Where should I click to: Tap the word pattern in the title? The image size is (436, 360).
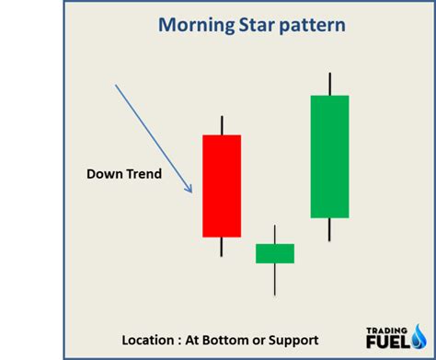[x=295, y=25]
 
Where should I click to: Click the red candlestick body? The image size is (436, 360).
[x=222, y=186]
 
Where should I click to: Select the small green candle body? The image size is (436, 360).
[x=275, y=253]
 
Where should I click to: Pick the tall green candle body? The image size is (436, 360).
[x=329, y=157]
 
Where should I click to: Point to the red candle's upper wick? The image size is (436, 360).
[x=222, y=125]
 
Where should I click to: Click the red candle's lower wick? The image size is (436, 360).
[x=222, y=247]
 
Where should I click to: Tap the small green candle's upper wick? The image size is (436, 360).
[x=275, y=234]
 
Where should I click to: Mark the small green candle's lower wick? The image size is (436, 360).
[x=275, y=279]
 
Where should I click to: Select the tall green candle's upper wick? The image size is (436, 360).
[x=329, y=83]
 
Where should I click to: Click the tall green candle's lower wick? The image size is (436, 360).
[x=329, y=229]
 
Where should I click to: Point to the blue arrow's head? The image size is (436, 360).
[x=189, y=190]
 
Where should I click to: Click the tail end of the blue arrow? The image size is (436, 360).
[x=117, y=87]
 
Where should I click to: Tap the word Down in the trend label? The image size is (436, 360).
[x=104, y=173]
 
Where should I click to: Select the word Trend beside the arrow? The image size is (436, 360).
[x=143, y=173]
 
